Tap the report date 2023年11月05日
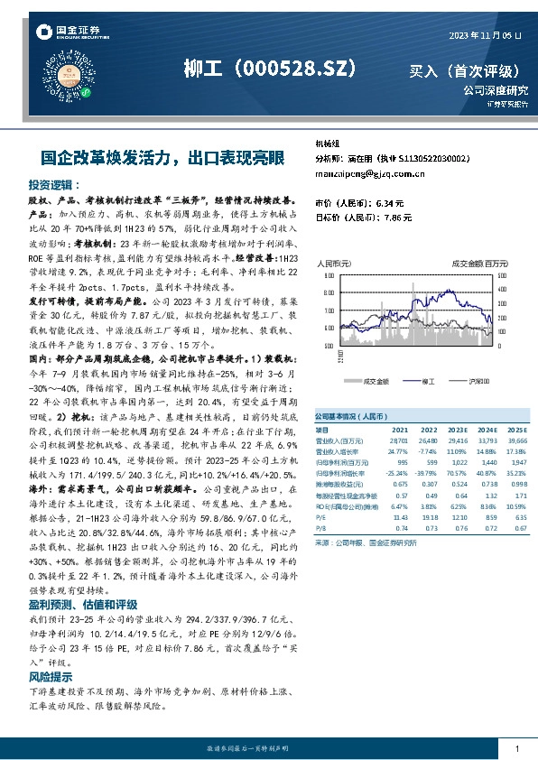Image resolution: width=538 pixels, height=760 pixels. [x=486, y=34]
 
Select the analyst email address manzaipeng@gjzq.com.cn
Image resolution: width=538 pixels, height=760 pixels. [x=371, y=173]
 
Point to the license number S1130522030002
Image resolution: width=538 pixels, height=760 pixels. [x=413, y=158]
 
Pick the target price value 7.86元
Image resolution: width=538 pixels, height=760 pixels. [x=393, y=218]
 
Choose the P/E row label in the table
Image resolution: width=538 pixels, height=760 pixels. [x=321, y=516]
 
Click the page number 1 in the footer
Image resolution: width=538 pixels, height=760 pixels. [x=515, y=748]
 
